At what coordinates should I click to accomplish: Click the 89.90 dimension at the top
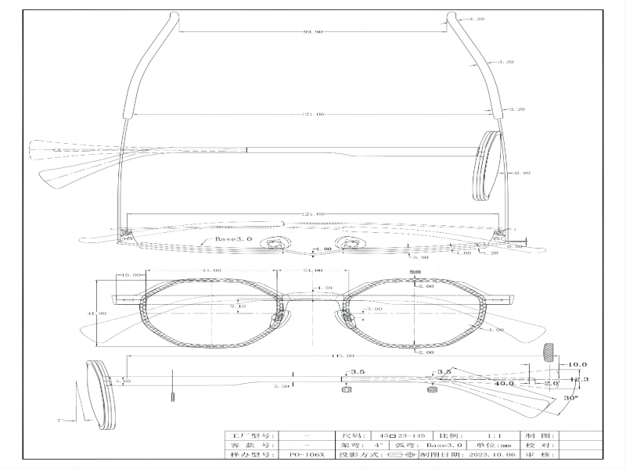[313, 32]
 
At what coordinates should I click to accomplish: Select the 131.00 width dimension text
[313, 115]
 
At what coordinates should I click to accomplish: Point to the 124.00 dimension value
[313, 214]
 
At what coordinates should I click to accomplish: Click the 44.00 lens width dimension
[210, 270]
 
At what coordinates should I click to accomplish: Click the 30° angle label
[570, 398]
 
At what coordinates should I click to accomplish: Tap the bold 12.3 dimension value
[578, 379]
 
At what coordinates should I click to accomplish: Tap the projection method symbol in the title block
[398, 453]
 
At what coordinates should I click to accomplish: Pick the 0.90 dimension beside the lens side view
[522, 172]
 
